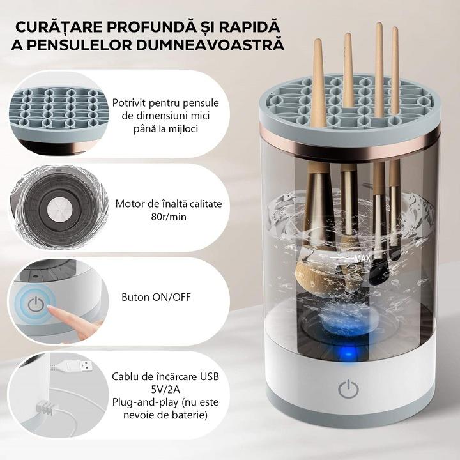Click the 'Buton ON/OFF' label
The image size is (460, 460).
(156, 297)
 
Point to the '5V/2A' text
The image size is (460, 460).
(165, 389)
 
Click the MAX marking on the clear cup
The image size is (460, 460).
(362, 259)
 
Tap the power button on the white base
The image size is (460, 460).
(348, 388)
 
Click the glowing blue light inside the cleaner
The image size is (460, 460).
(348, 354)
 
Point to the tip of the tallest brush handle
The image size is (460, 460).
(379, 24)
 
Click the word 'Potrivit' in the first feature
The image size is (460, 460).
(129, 103)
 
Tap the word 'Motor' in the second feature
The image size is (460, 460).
(128, 204)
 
